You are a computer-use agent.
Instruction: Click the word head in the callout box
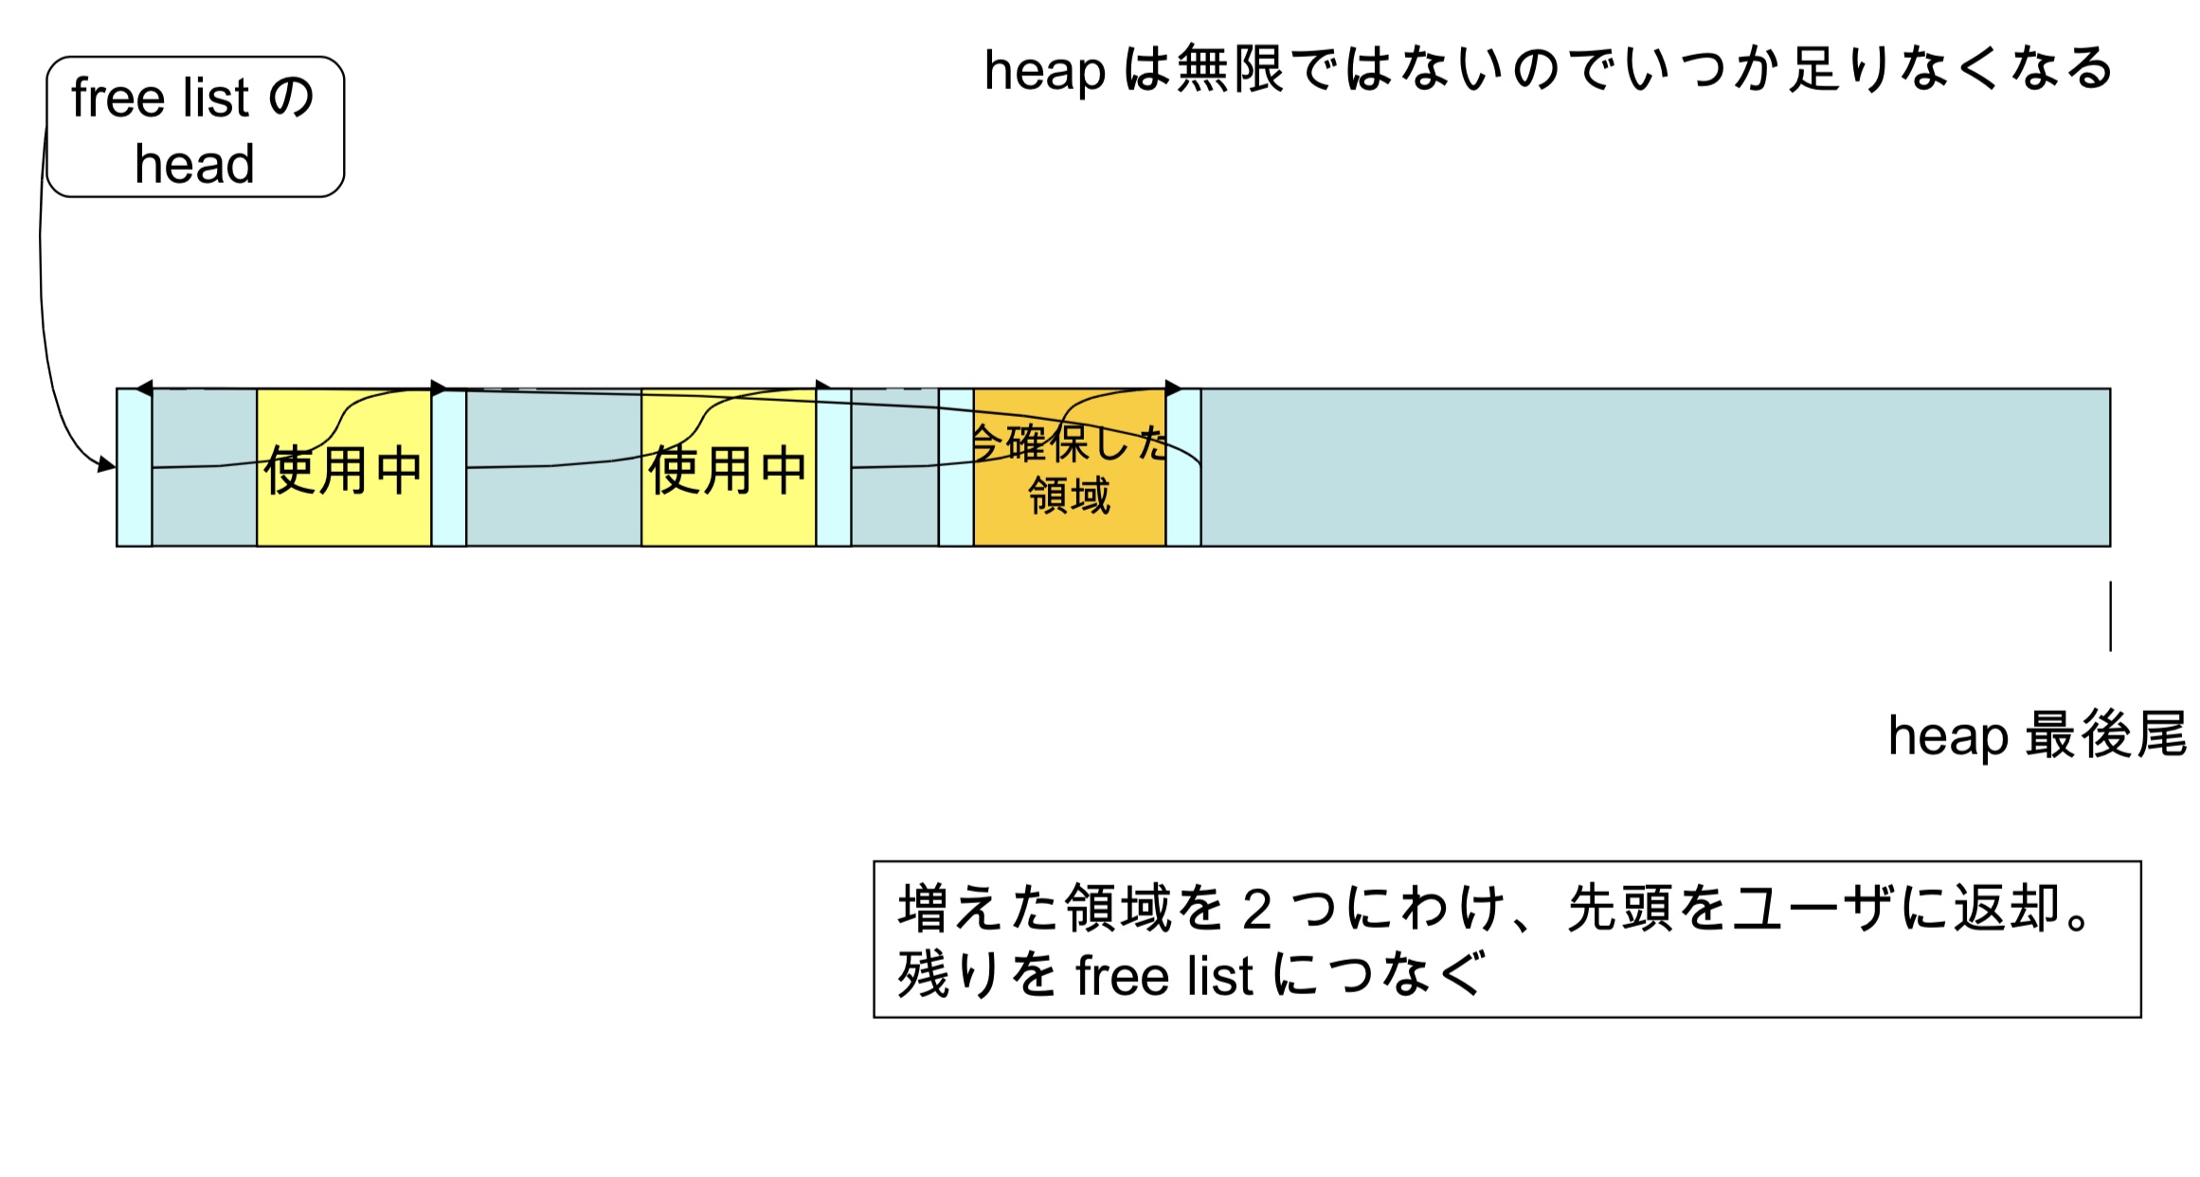194,164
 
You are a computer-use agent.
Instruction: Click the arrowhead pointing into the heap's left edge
107,464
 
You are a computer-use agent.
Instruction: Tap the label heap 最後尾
2037,735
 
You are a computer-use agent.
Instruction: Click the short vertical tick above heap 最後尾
2110,616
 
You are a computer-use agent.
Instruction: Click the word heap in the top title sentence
1044,71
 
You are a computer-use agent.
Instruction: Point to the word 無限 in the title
1230,69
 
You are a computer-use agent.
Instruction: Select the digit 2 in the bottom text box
1256,910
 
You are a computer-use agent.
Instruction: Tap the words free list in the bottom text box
1163,976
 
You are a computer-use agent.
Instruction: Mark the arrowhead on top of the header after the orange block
1173,389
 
